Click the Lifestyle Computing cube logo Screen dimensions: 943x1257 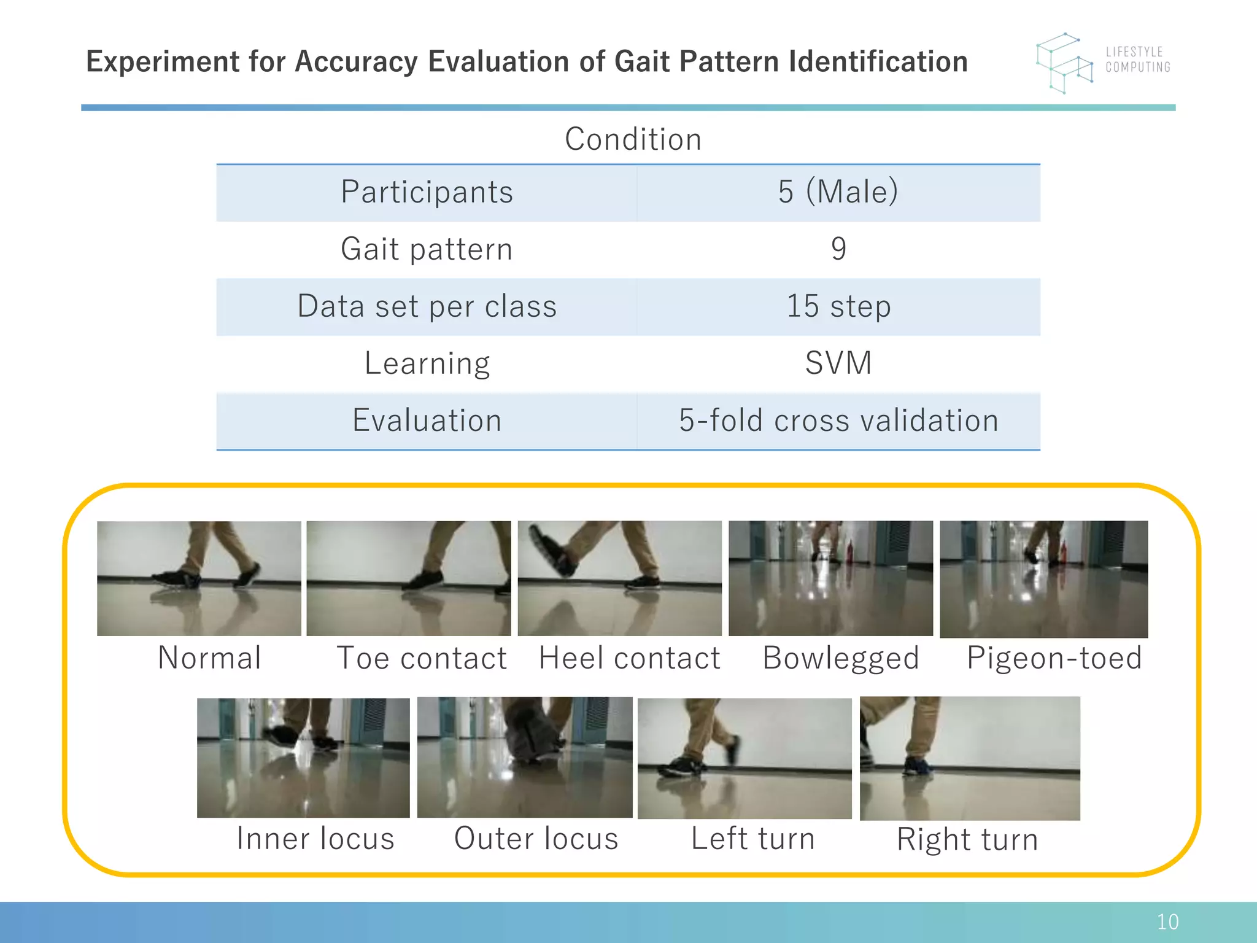pos(1065,63)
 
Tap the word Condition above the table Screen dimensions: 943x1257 pos(633,139)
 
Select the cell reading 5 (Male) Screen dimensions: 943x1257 pos(838,192)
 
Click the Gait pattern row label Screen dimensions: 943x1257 pos(427,249)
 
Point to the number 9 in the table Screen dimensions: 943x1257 pos(838,249)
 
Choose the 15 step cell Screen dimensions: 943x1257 pos(838,306)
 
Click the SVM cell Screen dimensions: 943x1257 pos(838,363)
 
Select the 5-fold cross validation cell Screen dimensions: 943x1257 pos(838,421)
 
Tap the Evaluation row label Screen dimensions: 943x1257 pos(427,421)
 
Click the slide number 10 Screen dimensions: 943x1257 pos(1167,922)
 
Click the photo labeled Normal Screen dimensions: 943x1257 pos(199,578)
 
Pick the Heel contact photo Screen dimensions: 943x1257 pos(619,578)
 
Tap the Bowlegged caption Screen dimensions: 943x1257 pos(840,658)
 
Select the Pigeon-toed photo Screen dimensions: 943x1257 pos(1043,579)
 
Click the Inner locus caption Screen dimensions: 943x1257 pos(315,839)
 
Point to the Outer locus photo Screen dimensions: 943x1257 pos(525,757)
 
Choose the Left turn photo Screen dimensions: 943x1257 pos(745,758)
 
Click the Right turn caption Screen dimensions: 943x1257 pos(967,839)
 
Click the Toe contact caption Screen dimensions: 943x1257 pos(422,658)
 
